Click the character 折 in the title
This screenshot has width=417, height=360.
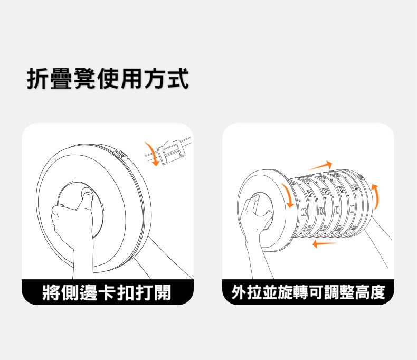point(39,78)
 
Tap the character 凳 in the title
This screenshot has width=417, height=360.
point(84,78)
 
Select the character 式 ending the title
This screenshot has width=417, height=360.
point(177,78)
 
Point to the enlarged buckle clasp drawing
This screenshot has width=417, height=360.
point(172,151)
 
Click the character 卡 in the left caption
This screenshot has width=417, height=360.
point(107,292)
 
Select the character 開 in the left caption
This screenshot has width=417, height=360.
point(162,292)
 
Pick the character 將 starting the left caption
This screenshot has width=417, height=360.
point(51,292)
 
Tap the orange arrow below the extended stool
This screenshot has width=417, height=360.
point(325,243)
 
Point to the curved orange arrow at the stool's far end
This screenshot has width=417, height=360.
point(375,196)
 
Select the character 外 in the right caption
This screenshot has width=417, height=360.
point(239,292)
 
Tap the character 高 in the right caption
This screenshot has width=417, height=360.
point(362,292)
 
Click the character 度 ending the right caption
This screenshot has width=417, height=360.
point(377,292)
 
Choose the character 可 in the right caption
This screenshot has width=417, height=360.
point(316,292)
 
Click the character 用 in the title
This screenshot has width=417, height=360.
point(131,78)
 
